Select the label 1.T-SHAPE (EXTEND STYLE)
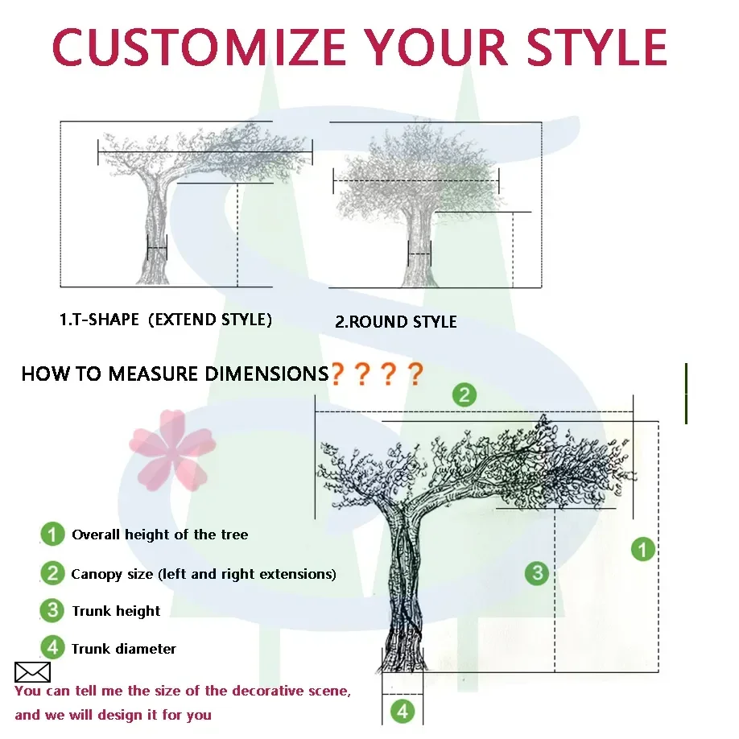coord(166,320)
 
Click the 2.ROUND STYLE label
coord(395,322)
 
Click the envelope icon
coord(32,672)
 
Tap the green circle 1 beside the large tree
coord(642,550)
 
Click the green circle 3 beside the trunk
coord(537,573)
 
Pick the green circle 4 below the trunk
coord(403,711)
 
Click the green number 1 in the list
coord(52,534)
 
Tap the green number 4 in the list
coord(52,647)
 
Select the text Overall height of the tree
coord(159,535)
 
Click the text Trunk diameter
coord(123,649)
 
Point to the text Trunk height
coord(116,611)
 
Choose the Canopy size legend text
coord(203,574)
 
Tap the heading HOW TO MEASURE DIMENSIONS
coord(175,374)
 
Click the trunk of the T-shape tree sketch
coord(155,233)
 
